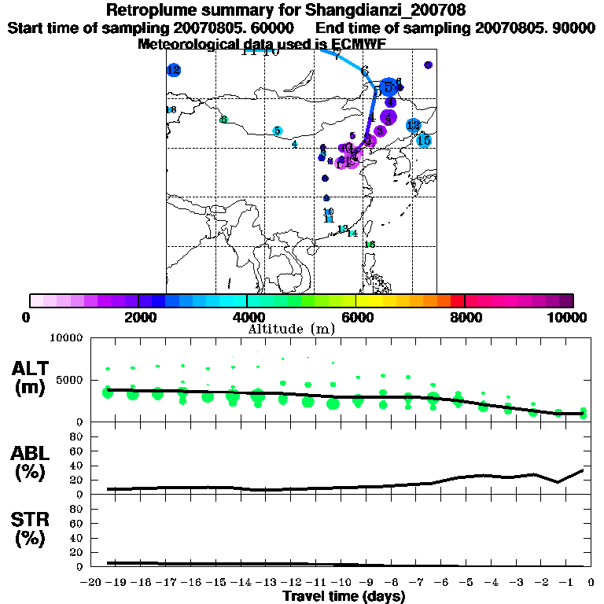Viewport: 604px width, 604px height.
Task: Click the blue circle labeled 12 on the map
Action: (x=174, y=70)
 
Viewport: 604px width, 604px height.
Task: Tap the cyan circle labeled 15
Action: (x=424, y=141)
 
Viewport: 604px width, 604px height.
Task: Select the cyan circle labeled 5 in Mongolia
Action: (x=277, y=131)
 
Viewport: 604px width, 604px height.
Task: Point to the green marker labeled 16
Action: (x=370, y=245)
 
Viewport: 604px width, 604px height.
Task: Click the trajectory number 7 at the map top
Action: (x=337, y=55)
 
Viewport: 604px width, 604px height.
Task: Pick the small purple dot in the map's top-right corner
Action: (x=428, y=65)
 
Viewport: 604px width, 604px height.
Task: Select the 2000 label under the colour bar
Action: (x=138, y=317)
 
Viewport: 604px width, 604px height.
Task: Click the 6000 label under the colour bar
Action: (x=356, y=317)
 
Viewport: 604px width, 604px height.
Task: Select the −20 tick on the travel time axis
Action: (x=93, y=582)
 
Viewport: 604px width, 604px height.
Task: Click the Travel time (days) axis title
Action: (x=344, y=596)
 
